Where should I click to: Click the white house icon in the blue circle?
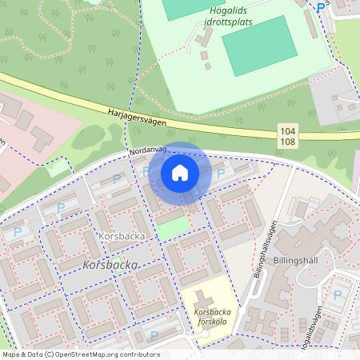pyautogui.click(x=180, y=172)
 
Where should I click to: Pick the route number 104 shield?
pyautogui.click(x=289, y=130)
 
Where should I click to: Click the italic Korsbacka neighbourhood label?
pyautogui.click(x=110, y=265)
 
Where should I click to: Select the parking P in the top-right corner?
pyautogui.click(x=321, y=7)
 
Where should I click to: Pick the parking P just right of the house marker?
pyautogui.click(x=221, y=173)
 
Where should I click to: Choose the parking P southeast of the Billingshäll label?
pyautogui.click(x=337, y=294)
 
